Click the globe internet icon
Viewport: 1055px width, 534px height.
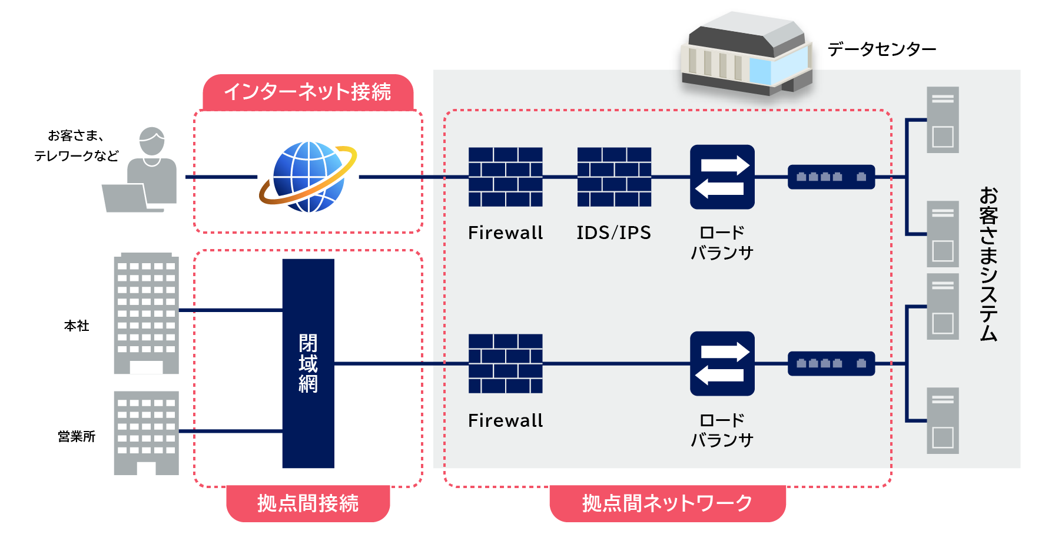[308, 177]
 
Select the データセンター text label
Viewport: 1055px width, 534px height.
[881, 49]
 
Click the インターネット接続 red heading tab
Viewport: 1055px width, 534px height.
[308, 92]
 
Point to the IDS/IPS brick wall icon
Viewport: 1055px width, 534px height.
[614, 177]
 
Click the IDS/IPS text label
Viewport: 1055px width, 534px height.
[613, 233]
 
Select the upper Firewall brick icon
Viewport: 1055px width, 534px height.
[505, 177]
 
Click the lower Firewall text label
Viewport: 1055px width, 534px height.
[505, 420]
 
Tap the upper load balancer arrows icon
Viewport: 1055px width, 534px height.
[722, 177]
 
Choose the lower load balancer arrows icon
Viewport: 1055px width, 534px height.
[722, 363]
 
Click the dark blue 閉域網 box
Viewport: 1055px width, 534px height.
[308, 363]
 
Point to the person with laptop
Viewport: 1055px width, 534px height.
[144, 172]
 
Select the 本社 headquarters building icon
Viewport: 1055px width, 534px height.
[146, 314]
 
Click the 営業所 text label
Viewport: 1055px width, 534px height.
[77, 436]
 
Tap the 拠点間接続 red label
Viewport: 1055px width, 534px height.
[308, 503]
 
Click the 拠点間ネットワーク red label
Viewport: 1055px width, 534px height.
[667, 503]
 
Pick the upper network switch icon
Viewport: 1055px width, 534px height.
[831, 177]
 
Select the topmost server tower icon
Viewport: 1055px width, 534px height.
[942, 120]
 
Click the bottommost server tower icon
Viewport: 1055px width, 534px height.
[942, 420]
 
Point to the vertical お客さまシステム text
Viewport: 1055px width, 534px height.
[988, 264]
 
